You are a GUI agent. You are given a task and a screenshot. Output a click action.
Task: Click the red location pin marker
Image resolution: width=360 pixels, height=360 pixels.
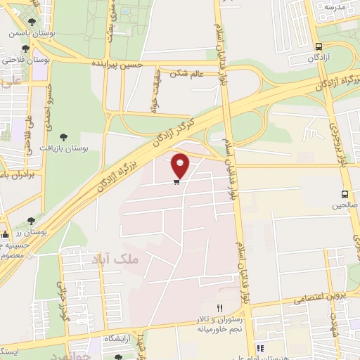[x=181, y=165]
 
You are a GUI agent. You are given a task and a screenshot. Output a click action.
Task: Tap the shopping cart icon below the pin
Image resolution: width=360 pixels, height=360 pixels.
[x=176, y=181]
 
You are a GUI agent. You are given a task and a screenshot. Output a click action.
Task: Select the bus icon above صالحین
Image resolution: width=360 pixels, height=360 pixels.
[x=345, y=194]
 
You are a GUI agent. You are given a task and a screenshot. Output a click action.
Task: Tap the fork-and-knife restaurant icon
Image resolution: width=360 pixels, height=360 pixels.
[x=219, y=309]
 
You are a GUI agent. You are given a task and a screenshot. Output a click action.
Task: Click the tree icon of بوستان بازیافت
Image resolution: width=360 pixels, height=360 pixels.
[x=65, y=137]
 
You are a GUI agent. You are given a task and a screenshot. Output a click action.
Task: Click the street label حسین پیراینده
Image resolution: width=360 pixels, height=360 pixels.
[x=119, y=63]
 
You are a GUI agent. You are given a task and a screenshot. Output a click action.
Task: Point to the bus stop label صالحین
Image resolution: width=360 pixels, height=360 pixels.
[x=343, y=207]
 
